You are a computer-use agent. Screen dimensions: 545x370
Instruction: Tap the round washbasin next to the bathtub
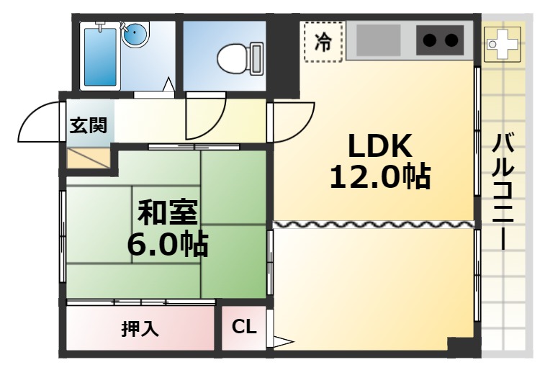[136, 34]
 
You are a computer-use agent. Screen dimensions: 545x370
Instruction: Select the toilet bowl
[240, 58]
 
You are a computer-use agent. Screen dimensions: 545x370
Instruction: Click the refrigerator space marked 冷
[323, 41]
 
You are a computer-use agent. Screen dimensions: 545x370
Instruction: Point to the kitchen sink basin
[379, 40]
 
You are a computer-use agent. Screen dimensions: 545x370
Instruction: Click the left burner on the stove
[430, 40]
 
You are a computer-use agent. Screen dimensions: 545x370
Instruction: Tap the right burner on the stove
[451, 40]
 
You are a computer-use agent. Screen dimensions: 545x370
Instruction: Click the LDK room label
[380, 146]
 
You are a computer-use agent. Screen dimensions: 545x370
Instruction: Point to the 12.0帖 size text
[380, 176]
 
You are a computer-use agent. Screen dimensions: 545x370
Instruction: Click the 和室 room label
[168, 212]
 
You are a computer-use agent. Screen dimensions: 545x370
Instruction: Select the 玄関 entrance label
[88, 125]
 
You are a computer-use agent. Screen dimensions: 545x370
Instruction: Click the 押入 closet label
[140, 328]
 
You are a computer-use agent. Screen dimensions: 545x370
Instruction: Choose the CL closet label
[244, 327]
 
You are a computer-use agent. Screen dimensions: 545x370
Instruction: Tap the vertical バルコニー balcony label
[503, 191]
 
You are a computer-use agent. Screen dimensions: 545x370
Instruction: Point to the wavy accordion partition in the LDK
[374, 225]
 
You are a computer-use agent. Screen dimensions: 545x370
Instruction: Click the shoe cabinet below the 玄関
[88, 158]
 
